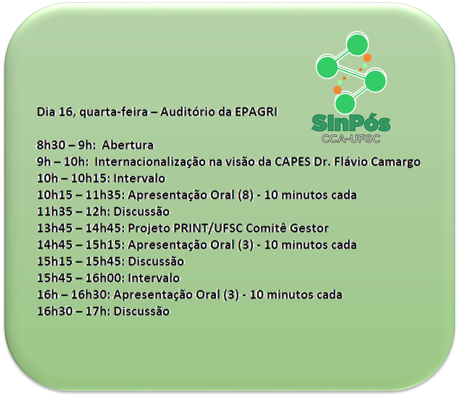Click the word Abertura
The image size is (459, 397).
pyautogui.click(x=128, y=145)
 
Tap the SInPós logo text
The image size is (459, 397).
pyautogui.click(x=351, y=123)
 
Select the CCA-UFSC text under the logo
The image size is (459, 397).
pyautogui.click(x=351, y=138)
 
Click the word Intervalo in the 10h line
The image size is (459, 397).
pyautogui.click(x=139, y=178)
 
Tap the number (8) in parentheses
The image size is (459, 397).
pyautogui.click(x=246, y=195)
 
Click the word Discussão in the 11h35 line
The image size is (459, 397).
pyautogui.click(x=142, y=211)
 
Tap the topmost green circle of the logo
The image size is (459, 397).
pyautogui.click(x=357, y=45)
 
